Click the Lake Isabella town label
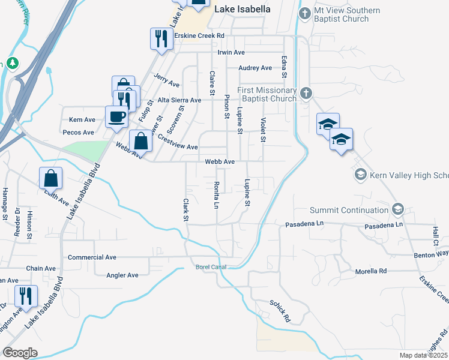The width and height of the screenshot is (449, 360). [x=243, y=10]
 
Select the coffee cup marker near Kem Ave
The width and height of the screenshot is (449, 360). [x=116, y=116]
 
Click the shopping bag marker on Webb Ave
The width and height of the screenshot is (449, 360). [x=140, y=142]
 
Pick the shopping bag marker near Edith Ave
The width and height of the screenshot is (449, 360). [x=51, y=178]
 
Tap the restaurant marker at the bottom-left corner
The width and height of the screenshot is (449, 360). [x=26, y=296]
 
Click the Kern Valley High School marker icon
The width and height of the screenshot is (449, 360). [x=361, y=175]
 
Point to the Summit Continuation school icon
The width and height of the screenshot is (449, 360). [x=397, y=209]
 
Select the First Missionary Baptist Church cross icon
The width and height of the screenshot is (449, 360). [x=306, y=92]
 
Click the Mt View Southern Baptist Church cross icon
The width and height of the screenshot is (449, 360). [x=305, y=13]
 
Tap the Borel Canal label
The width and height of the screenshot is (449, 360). [x=210, y=267]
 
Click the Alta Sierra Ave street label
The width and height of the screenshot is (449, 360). [x=179, y=100]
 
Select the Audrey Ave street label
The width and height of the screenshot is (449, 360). [x=256, y=68]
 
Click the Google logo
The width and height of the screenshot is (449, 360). [x=20, y=353]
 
